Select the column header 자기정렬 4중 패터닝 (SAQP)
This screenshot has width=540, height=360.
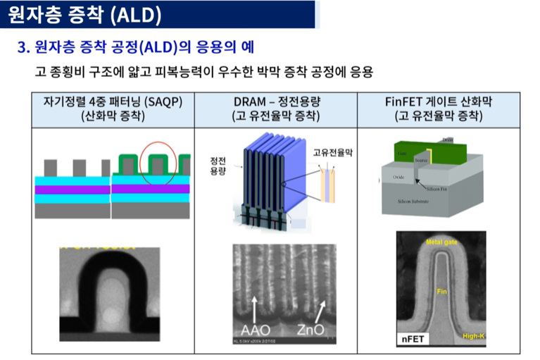pos(113,101)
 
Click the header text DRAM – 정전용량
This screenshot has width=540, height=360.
pos(275,101)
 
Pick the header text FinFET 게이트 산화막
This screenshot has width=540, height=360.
pos(439,101)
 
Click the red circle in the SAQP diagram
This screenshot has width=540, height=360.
pos(161,161)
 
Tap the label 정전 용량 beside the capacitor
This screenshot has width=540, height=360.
pos(218,166)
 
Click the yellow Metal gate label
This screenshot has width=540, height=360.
pos(441,242)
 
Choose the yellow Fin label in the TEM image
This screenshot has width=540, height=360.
pos(441,292)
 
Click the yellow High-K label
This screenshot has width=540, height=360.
pos(472,336)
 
